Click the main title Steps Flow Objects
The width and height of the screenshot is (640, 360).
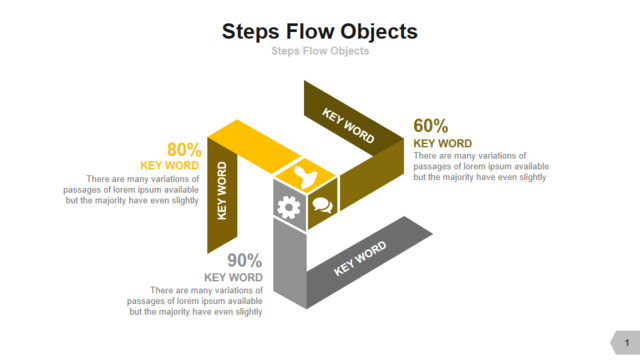320,32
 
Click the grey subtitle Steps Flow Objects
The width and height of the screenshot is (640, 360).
320,51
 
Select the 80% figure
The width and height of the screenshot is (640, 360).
184,149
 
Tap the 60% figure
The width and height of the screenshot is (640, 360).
431,126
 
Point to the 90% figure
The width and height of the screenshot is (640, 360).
244,260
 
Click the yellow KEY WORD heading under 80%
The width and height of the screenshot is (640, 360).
169,165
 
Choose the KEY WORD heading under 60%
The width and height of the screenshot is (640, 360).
442,143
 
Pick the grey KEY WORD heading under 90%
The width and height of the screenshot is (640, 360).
233,278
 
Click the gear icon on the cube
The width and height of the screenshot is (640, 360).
289,207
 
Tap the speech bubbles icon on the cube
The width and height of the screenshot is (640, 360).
322,205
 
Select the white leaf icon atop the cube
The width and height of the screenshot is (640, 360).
305,177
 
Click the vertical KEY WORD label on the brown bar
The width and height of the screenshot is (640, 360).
222,191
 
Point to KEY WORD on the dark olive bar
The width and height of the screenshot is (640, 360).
348,125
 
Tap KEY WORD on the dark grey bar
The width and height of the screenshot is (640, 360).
360,258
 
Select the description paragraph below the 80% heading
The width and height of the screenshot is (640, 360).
131,190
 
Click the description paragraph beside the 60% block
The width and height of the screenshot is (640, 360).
481,167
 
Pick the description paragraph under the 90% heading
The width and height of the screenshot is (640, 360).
195,301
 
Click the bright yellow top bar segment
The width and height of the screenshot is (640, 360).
254,146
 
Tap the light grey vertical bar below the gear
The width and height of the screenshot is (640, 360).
290,262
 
